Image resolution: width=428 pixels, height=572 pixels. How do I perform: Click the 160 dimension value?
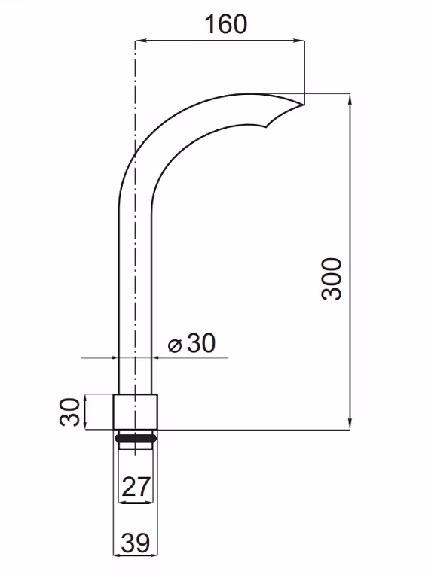(x=225, y=24)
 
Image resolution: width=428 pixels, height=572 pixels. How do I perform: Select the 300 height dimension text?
(x=332, y=279)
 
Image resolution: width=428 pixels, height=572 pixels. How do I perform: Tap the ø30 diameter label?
(x=191, y=343)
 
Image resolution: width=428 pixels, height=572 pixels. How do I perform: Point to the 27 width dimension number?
(x=136, y=486)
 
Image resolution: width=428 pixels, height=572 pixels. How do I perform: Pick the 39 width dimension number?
(x=136, y=543)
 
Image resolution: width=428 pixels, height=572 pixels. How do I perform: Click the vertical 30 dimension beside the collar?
(x=69, y=412)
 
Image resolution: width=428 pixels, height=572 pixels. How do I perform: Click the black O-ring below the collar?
(x=136, y=438)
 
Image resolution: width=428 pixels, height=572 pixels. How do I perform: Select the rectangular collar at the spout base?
(x=136, y=412)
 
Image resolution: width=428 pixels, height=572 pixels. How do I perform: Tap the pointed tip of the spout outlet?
(x=304, y=105)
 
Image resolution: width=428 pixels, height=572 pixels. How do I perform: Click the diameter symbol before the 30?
(x=175, y=345)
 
